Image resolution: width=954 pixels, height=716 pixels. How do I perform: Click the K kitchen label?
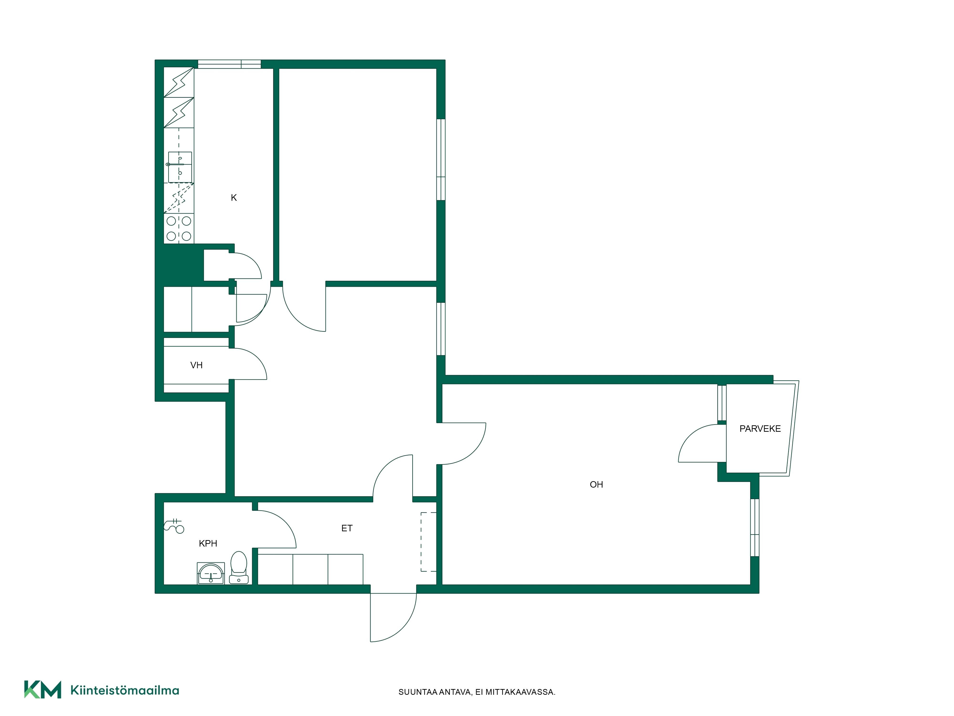tap(234, 198)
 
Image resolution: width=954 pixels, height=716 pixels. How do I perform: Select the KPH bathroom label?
tap(208, 543)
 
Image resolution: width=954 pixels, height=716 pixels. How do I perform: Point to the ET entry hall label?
tap(347, 528)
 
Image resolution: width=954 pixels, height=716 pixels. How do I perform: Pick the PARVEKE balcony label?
tap(760, 429)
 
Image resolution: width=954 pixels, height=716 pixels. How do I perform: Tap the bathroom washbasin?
tap(211, 573)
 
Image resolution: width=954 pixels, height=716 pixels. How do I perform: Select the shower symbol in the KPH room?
tap(174, 526)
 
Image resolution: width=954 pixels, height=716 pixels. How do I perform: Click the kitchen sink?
tap(180, 167)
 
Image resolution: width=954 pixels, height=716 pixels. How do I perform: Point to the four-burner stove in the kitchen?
tap(179, 228)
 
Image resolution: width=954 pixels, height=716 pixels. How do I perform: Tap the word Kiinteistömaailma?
tap(125, 690)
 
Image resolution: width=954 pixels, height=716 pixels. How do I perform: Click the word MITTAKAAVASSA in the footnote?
tap(520, 692)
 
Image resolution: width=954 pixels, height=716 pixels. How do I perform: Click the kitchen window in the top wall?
tap(229, 64)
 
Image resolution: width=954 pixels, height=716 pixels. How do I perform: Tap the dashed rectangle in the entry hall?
tap(429, 542)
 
